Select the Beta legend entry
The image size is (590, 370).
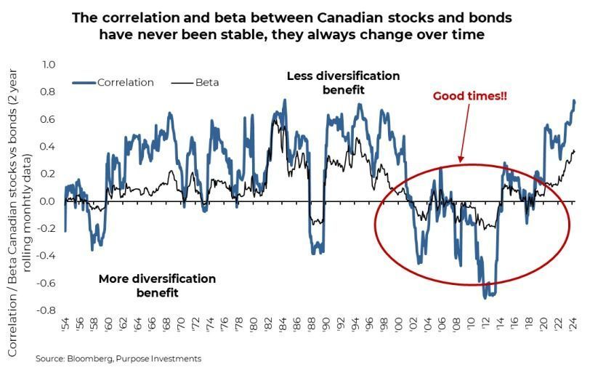click(x=206, y=82)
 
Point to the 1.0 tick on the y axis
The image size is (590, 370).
click(x=48, y=65)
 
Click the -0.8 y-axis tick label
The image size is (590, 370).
click(x=47, y=310)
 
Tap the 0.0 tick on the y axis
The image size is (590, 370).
click(x=48, y=201)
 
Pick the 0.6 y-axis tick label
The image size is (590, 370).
click(x=48, y=119)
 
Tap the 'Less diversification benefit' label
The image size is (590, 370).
click(x=343, y=82)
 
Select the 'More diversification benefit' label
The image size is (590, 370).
click(x=157, y=286)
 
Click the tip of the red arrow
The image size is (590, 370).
click(x=458, y=160)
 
